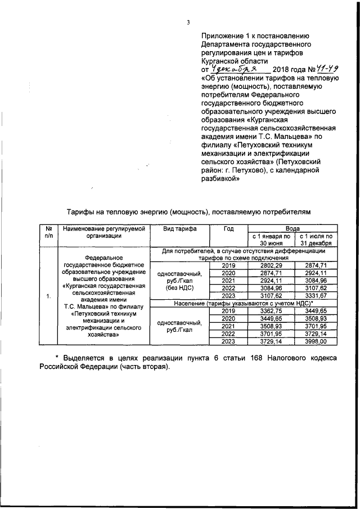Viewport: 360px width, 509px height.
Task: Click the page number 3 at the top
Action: tap(188, 22)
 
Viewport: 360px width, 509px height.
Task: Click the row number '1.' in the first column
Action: tap(49, 296)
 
